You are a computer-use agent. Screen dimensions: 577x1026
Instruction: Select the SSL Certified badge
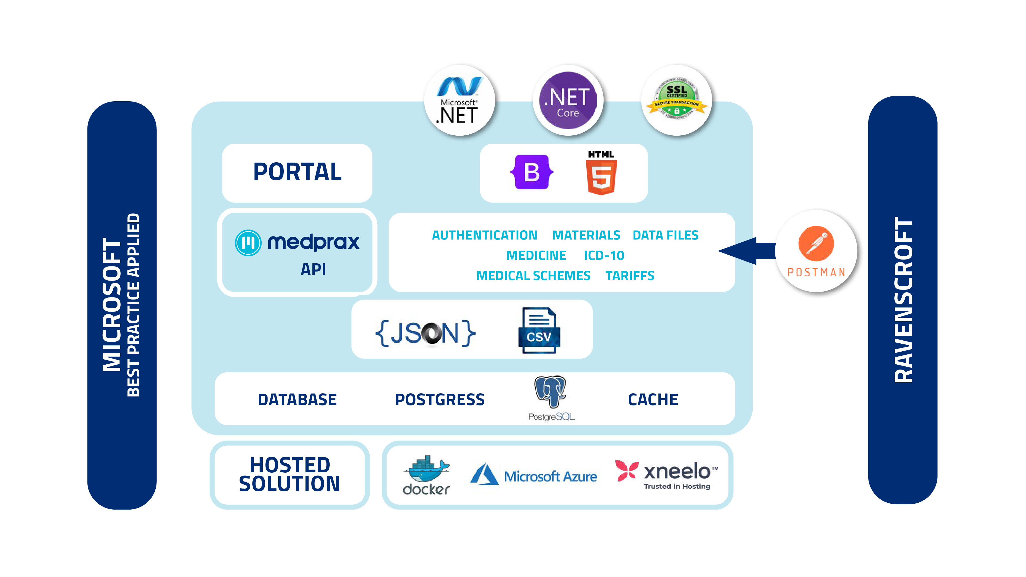[677, 100]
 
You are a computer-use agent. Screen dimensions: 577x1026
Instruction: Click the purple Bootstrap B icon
[532, 172]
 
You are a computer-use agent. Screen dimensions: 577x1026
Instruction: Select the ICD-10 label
[604, 256]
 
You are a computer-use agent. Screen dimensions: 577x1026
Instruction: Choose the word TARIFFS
[630, 276]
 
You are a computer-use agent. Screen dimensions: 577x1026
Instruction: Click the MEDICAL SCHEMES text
[533, 276]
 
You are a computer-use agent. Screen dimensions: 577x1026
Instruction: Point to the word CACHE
[653, 400]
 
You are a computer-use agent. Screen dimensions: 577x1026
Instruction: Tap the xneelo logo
[666, 475]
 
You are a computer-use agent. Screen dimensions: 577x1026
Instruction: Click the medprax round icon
[248, 243]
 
